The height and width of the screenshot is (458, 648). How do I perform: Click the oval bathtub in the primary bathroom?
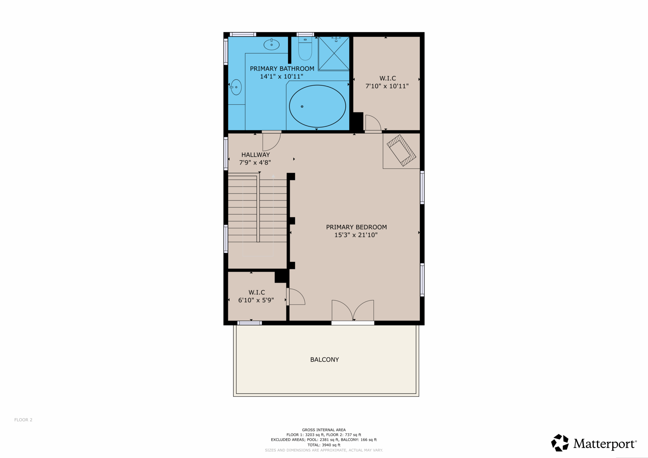pyautogui.click(x=317, y=106)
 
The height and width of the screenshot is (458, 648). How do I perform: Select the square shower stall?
pyautogui.click(x=334, y=53)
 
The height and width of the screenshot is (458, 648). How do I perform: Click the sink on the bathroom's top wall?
pyautogui.click(x=271, y=44)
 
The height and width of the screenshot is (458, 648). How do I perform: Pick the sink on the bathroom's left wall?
pyautogui.click(x=236, y=87)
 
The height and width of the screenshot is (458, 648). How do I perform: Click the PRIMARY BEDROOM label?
pyautogui.click(x=356, y=227)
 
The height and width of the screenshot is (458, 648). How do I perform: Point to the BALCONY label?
pyautogui.click(x=324, y=360)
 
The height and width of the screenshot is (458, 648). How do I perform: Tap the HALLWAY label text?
pyautogui.click(x=256, y=155)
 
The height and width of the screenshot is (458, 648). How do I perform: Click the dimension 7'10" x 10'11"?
pyautogui.click(x=387, y=86)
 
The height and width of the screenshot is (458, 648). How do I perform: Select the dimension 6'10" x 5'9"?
pyautogui.click(x=256, y=300)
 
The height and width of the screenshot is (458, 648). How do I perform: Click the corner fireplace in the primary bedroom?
pyautogui.click(x=401, y=151)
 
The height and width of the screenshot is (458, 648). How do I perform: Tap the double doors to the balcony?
pyautogui.click(x=353, y=311)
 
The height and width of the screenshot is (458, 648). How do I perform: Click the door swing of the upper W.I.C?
pyautogui.click(x=373, y=122)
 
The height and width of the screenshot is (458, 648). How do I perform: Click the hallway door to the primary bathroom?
pyautogui.click(x=271, y=142)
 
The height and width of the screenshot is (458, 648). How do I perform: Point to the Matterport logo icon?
pyautogui.click(x=560, y=443)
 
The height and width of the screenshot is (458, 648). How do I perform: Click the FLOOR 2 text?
pyautogui.click(x=23, y=420)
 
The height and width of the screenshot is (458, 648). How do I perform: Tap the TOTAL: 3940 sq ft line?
pyautogui.click(x=324, y=445)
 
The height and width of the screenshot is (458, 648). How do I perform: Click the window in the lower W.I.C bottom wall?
pyautogui.click(x=250, y=323)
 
